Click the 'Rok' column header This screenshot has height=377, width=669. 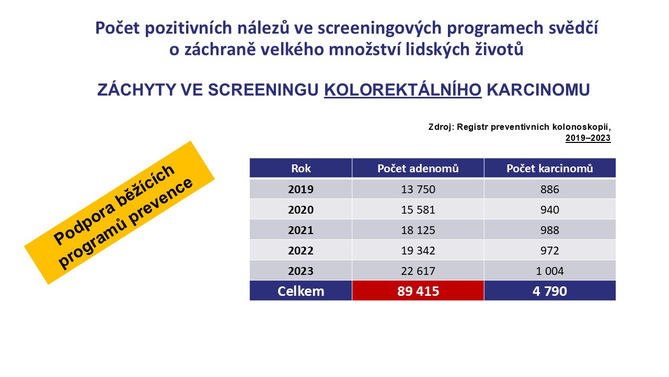click(x=301, y=169)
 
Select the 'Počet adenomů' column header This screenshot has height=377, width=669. click(x=418, y=169)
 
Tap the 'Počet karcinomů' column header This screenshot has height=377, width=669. click(x=549, y=169)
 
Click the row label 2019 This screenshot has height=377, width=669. click(x=301, y=190)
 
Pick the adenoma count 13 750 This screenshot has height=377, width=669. click(x=418, y=190)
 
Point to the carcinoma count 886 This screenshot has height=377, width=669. click(x=549, y=190)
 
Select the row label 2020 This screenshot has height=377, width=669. click(x=301, y=210)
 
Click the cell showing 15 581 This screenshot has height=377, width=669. click(x=418, y=210)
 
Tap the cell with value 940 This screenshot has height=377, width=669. click(x=549, y=210)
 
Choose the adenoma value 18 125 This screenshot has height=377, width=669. click(x=418, y=230)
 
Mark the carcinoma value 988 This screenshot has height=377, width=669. click(x=549, y=230)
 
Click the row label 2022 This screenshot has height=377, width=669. click(x=301, y=250)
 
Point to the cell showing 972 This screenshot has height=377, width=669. click(x=549, y=250)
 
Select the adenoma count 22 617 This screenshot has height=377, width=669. click(x=418, y=271)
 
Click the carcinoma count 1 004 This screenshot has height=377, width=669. click(x=549, y=271)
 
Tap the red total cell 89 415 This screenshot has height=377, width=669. click(x=418, y=291)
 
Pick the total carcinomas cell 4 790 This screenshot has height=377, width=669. click(x=549, y=291)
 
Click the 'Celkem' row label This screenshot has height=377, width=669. click(x=301, y=291)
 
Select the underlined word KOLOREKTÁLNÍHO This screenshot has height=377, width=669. click(x=402, y=90)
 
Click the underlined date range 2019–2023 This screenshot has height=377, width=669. click(x=588, y=138)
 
